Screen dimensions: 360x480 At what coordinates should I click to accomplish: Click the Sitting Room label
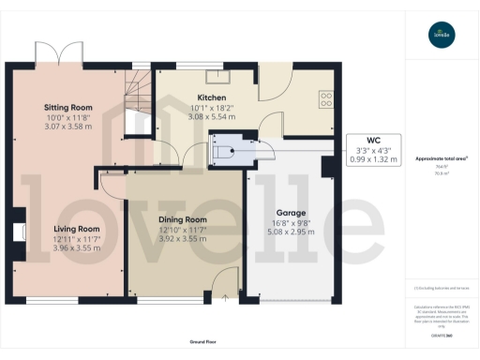70,107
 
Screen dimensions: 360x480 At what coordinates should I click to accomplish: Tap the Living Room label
76,229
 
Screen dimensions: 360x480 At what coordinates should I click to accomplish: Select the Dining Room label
183,219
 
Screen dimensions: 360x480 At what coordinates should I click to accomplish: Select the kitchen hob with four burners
328,97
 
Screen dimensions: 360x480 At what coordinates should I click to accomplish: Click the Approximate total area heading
441,158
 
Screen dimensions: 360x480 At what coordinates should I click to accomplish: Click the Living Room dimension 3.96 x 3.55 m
76,248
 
